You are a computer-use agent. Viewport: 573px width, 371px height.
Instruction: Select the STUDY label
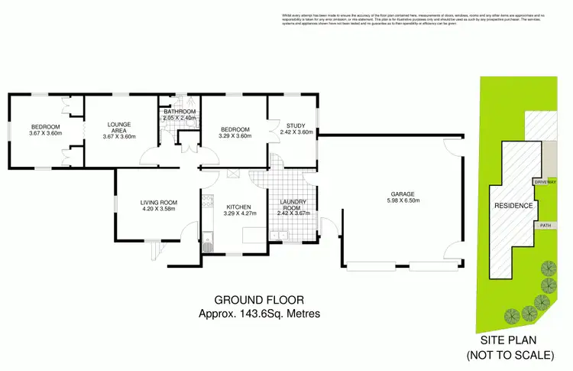(296, 125)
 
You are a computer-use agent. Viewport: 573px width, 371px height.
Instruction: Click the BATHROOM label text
(180, 112)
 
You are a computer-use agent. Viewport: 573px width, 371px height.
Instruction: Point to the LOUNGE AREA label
(118, 126)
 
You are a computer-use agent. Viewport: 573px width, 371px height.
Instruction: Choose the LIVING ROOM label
(158, 202)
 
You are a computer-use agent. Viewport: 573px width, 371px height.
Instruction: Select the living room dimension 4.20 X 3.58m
(158, 209)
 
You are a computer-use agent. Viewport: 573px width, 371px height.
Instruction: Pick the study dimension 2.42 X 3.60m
(296, 132)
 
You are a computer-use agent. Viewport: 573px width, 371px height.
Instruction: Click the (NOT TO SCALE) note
(510, 356)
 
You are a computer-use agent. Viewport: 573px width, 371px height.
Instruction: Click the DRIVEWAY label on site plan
(545, 183)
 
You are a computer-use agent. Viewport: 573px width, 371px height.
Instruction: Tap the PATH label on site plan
(545, 226)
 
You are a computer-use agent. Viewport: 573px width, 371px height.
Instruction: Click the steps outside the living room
(157, 249)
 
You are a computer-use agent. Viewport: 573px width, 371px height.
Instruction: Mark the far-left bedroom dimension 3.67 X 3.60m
(46, 133)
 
